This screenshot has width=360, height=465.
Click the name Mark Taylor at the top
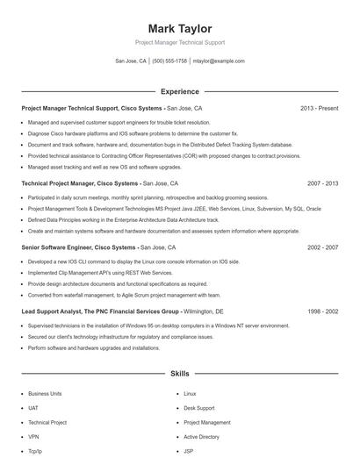pos(179,29)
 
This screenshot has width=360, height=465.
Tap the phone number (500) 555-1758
pos(169,61)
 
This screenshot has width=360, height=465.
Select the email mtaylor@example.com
pos(219,61)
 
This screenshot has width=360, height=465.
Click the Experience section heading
pos(179,91)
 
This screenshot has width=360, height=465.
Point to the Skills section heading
pos(179,374)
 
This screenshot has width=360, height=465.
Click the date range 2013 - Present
pos(319,108)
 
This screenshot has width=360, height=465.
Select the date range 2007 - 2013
pos(322,184)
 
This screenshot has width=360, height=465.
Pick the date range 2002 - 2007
pos(322,247)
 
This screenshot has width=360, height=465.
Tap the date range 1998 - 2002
pos(322,311)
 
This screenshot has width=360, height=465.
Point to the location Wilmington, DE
pos(204,311)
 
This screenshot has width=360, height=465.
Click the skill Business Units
pos(45,394)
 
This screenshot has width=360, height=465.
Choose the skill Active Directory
pos(201,436)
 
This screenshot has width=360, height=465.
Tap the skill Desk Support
pos(198,408)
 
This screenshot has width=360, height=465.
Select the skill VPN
pos(33,436)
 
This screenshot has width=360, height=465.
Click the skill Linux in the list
pos(190,394)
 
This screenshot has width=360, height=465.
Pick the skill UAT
pos(33,408)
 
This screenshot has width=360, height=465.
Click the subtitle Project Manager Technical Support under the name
pos(179,42)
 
